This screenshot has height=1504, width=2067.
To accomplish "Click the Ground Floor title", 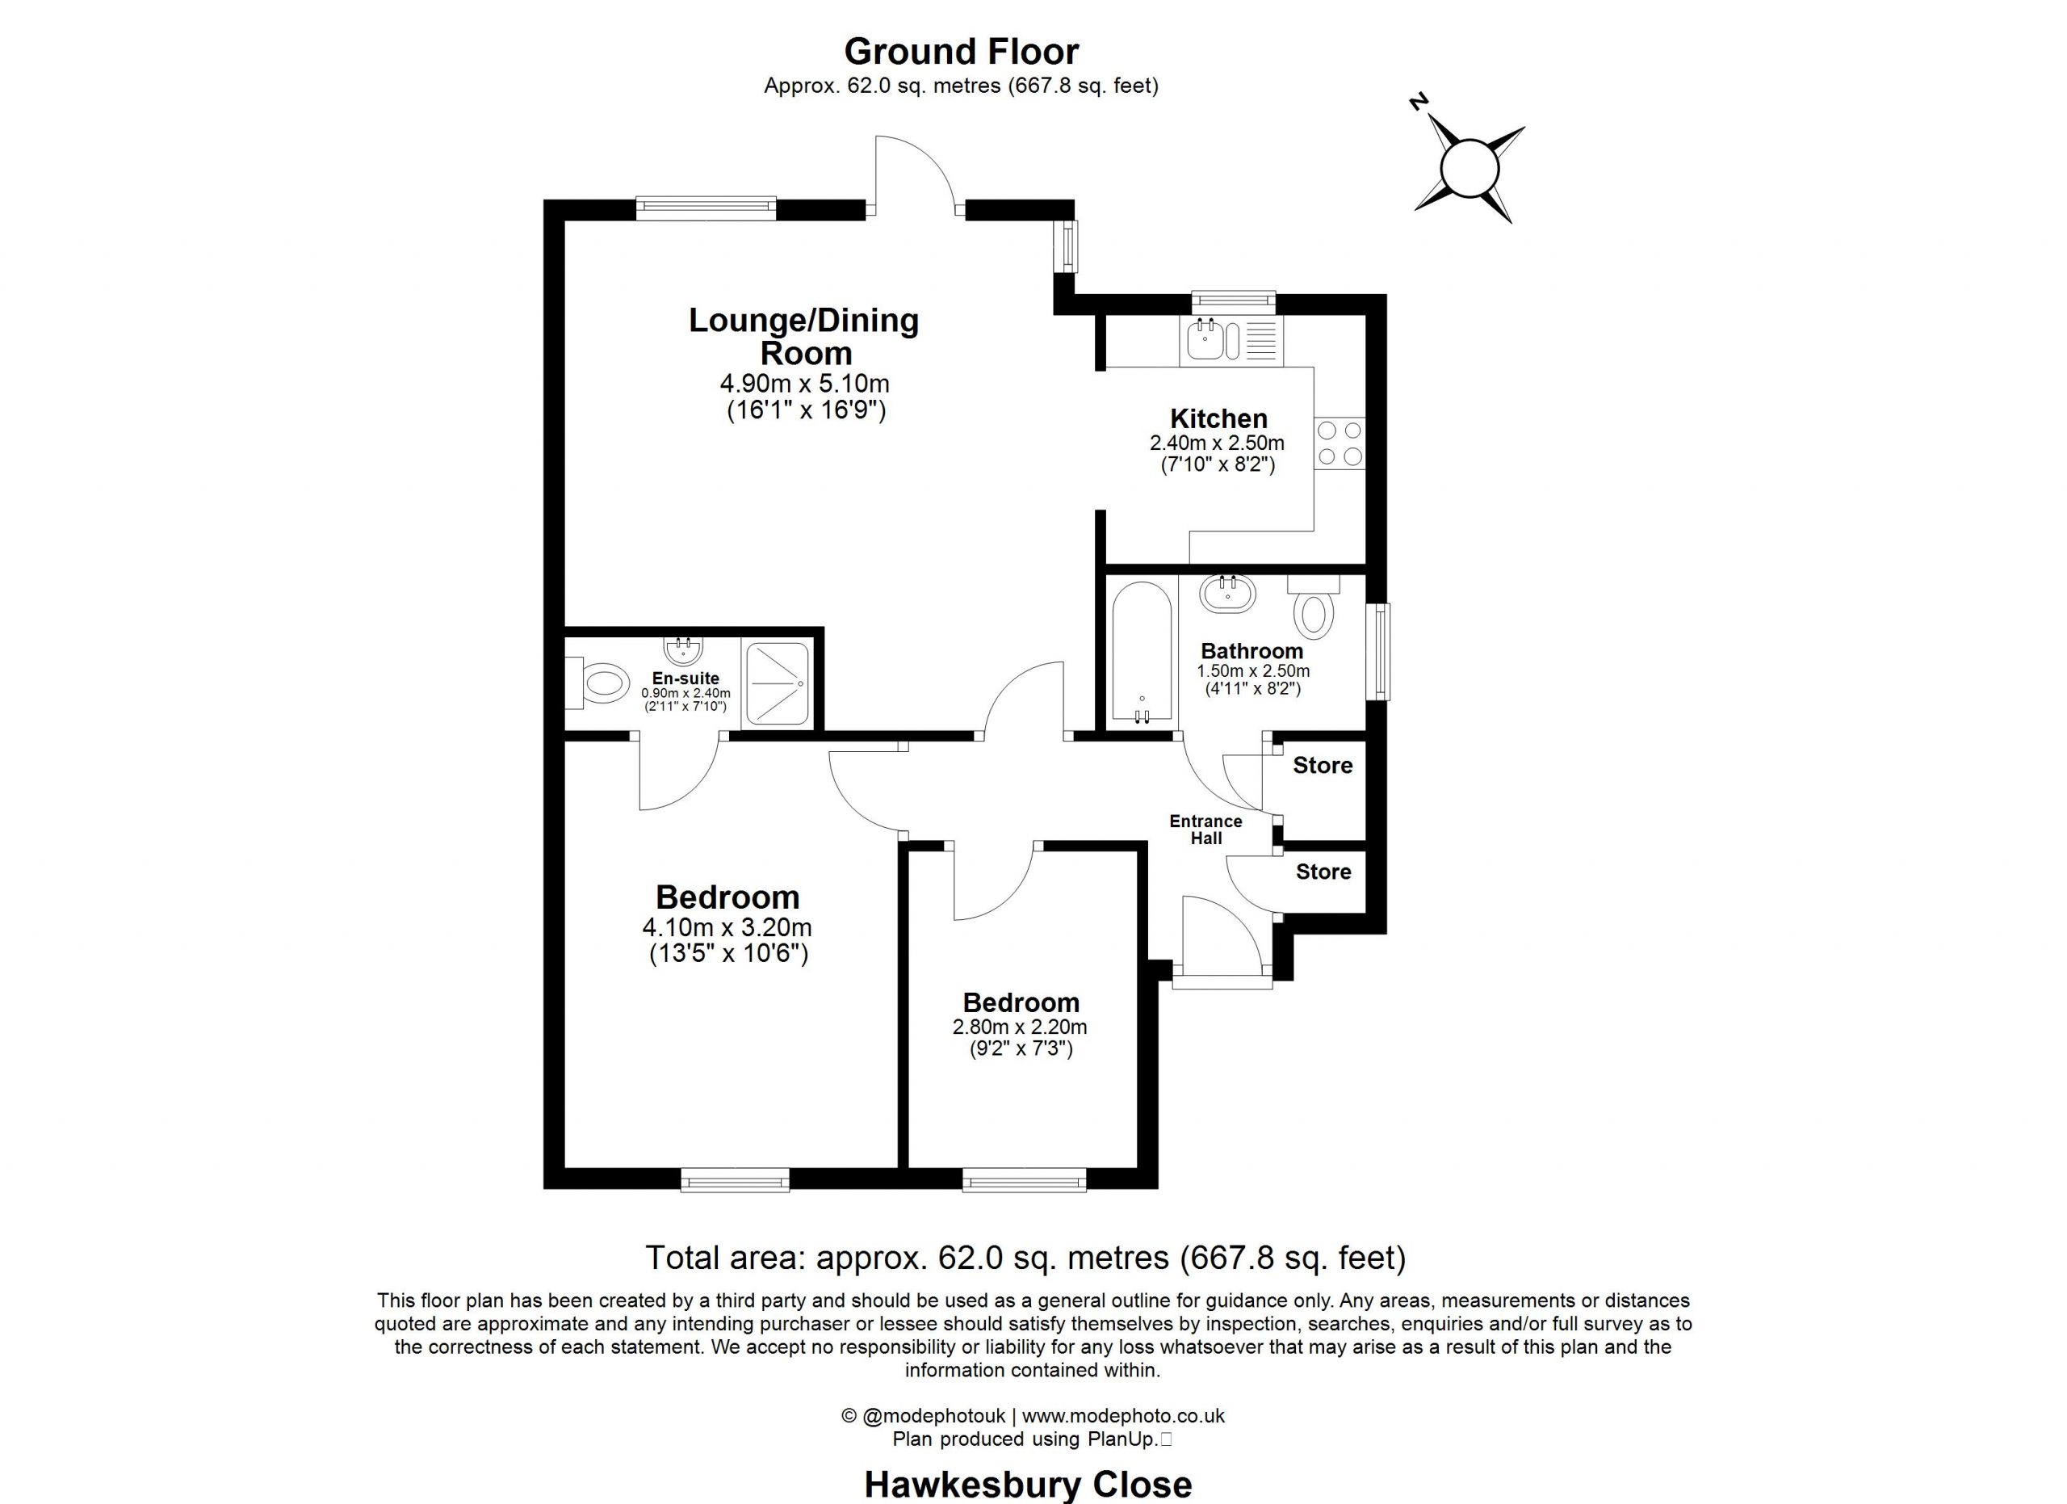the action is tap(962, 52).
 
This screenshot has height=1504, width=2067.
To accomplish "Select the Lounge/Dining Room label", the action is tap(804, 336).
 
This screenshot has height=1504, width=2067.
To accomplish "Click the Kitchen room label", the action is tap(1218, 418).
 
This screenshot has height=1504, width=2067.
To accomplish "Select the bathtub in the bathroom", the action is tap(1141, 653).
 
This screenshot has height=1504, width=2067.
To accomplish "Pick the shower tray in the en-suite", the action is tap(777, 684).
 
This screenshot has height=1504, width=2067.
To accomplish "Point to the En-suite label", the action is tap(686, 678).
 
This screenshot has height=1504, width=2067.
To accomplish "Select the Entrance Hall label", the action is tap(1205, 830).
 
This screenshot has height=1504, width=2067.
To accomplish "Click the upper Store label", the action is tap(1323, 766).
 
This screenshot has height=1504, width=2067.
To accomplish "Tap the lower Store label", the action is tap(1323, 872).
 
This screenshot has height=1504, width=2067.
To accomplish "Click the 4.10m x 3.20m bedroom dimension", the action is tap(727, 928).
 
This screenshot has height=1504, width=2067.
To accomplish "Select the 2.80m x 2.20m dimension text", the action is tap(1020, 1027).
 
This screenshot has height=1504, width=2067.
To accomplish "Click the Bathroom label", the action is tap(1252, 651).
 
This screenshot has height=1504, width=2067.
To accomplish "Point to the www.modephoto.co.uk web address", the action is tap(1123, 1416).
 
